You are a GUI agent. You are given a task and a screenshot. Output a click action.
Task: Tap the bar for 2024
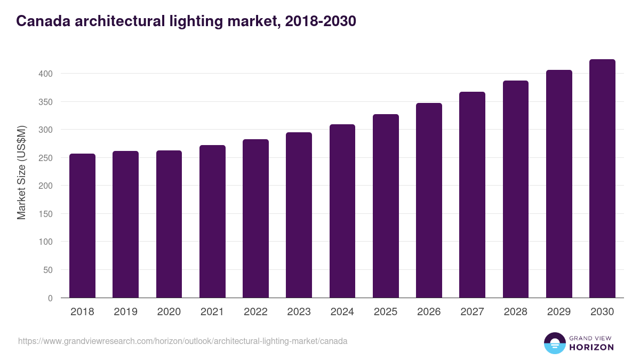(342, 211)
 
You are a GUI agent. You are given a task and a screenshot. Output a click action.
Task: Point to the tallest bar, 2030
(602, 179)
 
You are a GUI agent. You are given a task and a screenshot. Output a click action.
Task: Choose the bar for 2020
(169, 224)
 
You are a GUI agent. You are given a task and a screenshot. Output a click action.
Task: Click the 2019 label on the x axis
(126, 312)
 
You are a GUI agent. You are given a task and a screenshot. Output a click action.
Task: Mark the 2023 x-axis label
(299, 312)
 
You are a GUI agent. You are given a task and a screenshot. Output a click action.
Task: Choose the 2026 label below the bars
(429, 312)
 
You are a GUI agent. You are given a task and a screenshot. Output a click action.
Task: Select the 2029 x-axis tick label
(559, 312)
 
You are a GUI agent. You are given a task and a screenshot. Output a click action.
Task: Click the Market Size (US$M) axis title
(21, 172)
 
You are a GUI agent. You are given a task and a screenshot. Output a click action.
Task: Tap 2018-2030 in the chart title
(321, 21)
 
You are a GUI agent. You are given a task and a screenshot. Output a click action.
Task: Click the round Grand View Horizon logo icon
(555, 343)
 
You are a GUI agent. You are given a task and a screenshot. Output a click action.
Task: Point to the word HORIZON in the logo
(591, 347)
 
